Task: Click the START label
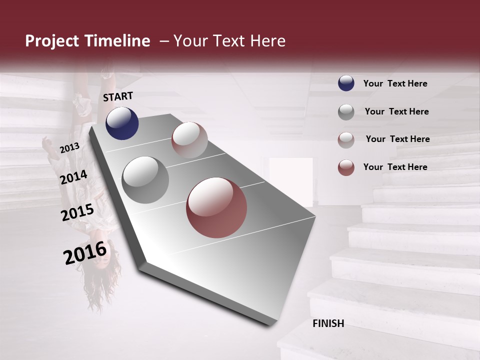[118, 96]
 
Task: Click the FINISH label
[328, 323]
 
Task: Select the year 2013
[69, 148]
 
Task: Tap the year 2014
[74, 177]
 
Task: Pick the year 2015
[77, 212]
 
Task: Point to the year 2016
[85, 253]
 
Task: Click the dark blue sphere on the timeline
[122, 123]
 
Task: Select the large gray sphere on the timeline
[145, 180]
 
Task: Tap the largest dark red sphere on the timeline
[216, 207]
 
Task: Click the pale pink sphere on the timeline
[189, 140]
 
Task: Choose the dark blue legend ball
[346, 83]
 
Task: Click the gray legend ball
[346, 111]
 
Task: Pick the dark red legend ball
[346, 167]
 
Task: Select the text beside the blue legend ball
[395, 84]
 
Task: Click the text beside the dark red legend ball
[395, 167]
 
